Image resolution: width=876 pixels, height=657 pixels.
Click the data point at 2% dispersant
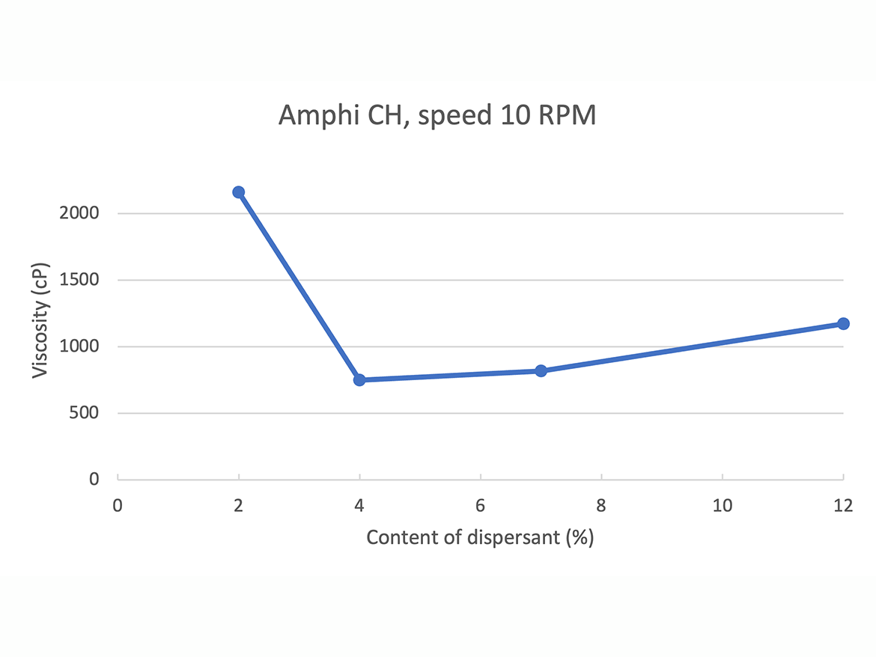coord(239,192)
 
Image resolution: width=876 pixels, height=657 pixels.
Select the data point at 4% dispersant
coord(359,380)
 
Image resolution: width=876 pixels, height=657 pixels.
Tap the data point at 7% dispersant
coord(541,370)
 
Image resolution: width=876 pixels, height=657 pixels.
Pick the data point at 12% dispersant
coord(843,323)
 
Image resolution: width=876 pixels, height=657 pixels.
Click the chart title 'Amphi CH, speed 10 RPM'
coord(437,117)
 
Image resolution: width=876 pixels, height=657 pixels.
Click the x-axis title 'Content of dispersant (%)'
coord(480,537)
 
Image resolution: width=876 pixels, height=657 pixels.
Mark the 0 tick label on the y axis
coord(94,479)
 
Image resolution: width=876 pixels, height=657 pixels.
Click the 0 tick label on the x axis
coord(118,505)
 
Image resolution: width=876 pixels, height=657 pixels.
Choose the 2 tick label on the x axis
coord(239,505)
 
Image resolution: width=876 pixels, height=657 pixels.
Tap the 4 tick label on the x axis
coord(359,505)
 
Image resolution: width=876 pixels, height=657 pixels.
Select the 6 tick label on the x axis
coord(480,505)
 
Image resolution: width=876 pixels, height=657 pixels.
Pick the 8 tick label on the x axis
coord(601,505)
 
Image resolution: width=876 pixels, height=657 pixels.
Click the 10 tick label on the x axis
coord(722,505)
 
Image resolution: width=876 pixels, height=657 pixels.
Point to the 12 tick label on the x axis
coord(843,505)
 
